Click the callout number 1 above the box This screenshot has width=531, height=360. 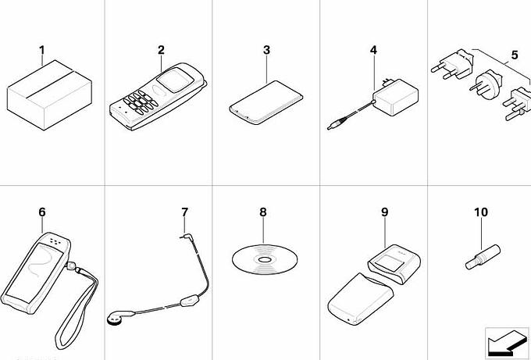[41, 50]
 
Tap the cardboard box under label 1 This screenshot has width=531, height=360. [49, 95]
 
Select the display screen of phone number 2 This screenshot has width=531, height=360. [175, 80]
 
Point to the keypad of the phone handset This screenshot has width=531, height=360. [141, 102]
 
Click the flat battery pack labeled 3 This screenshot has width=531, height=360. [265, 102]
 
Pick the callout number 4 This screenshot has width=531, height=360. [373, 50]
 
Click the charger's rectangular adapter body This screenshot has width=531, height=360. [396, 97]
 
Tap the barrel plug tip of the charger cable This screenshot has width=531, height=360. [330, 127]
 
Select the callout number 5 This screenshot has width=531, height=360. [515, 55]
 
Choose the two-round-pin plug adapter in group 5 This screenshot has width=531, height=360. [451, 65]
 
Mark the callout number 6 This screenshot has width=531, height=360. [41, 212]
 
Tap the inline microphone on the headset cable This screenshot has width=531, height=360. [188, 301]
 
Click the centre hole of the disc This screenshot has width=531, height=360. [265, 260]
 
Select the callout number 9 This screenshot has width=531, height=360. [384, 212]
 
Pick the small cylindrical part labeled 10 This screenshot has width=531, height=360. [483, 257]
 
